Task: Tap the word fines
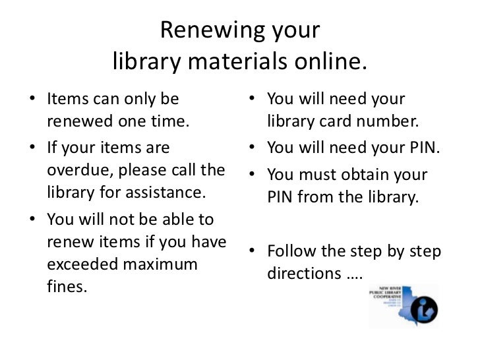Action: click(x=67, y=287)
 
